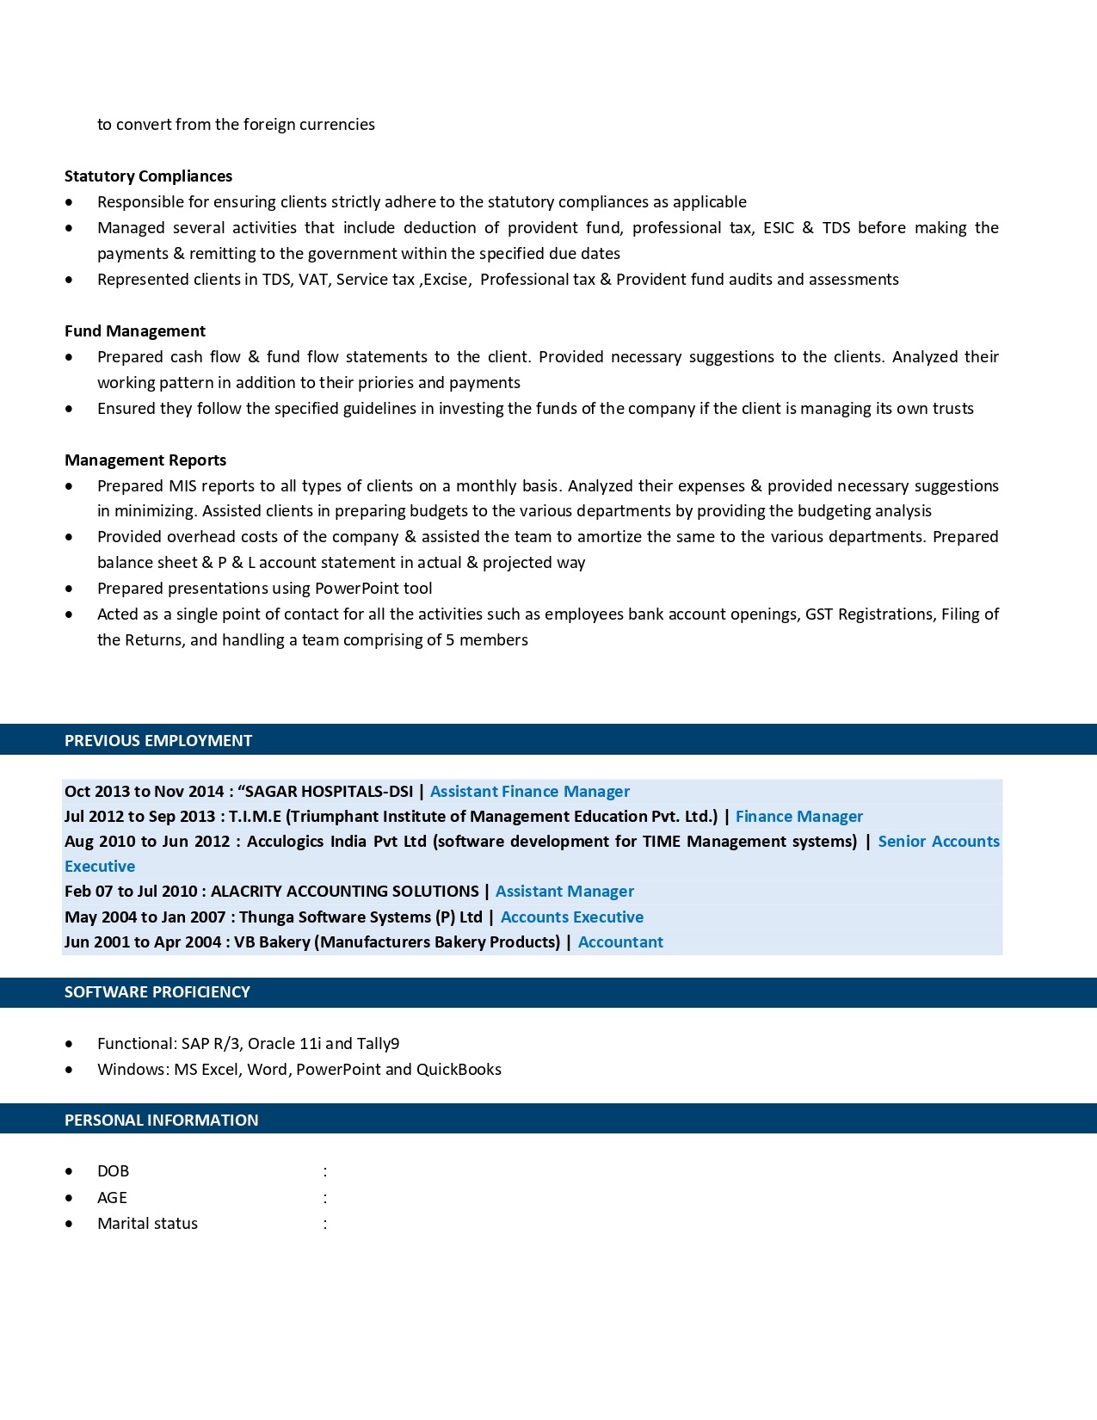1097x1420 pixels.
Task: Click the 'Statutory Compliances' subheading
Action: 148,176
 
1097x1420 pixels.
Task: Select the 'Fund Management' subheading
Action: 134,331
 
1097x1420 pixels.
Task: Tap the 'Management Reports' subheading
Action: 145,460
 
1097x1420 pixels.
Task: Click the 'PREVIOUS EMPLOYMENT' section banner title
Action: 158,741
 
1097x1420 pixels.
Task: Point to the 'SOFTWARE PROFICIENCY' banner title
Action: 157,992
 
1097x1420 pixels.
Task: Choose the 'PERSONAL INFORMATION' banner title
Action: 161,1121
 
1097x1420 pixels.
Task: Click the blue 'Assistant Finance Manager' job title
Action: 530,792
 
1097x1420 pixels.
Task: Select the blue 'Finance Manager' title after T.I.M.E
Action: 798,817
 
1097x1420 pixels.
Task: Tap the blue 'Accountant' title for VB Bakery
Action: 620,942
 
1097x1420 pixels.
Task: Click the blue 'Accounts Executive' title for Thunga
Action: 572,917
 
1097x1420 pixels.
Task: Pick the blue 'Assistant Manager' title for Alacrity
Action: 564,892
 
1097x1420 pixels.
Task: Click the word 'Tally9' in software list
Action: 379,1044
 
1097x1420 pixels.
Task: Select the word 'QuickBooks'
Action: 459,1070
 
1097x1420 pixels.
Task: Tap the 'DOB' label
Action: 113,1171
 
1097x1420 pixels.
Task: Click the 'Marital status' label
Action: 147,1224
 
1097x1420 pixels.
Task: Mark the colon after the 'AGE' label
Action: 325,1198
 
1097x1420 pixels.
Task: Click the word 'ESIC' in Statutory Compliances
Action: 779,228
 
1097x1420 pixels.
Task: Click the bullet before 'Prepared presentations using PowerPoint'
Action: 69,589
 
